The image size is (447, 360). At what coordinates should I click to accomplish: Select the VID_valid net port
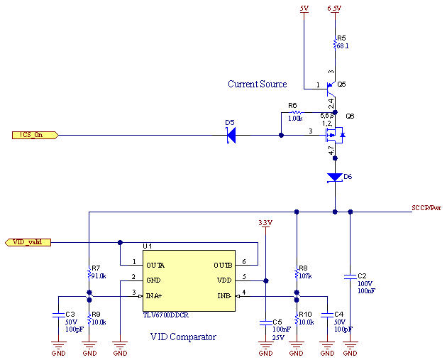28,242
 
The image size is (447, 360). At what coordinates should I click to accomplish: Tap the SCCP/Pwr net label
426,208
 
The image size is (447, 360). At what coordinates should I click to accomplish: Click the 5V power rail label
304,8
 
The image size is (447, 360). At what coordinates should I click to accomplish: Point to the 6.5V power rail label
334,8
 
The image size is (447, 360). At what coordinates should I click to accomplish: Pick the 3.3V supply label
265,223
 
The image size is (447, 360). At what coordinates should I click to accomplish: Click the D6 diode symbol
334,177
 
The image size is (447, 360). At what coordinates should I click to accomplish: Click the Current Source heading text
257,84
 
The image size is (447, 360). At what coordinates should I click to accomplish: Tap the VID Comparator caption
183,337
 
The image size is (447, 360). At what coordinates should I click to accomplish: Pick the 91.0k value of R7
97,276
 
